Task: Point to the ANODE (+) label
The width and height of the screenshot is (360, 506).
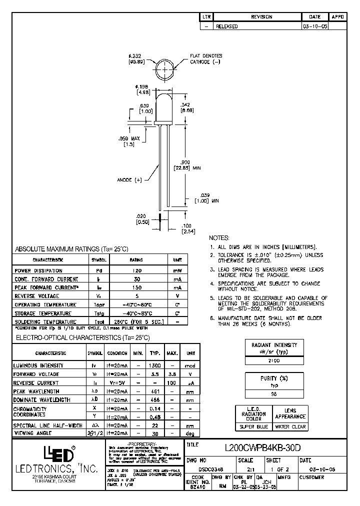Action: click(x=130, y=179)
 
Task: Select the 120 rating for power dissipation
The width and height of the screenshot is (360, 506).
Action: click(x=136, y=270)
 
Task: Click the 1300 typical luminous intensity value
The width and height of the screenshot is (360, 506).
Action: click(x=155, y=365)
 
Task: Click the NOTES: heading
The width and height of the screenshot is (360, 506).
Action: click(x=219, y=238)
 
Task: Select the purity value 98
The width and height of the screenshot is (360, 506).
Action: click(x=274, y=394)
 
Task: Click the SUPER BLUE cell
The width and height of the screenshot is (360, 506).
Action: click(x=254, y=426)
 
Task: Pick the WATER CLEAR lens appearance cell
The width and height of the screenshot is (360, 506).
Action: click(x=290, y=426)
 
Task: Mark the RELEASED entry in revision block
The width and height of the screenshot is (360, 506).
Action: click(x=226, y=26)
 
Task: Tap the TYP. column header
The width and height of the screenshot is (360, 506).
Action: click(x=155, y=353)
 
